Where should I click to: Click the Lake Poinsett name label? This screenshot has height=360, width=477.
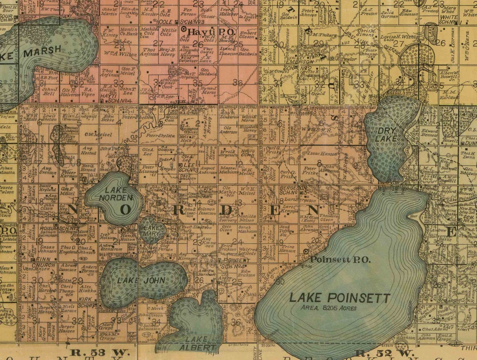[x=340, y=298]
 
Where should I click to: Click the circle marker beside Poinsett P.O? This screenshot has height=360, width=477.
[x=306, y=251]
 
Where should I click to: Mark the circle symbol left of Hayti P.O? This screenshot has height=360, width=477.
[x=184, y=29]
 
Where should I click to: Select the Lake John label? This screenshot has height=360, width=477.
[x=141, y=280]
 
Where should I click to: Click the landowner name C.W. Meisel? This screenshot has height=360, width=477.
[x=96, y=134]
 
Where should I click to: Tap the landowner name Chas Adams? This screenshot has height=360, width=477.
[x=421, y=329]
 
